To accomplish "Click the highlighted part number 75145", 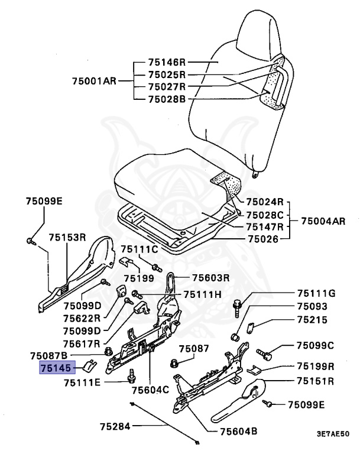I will click(56, 368).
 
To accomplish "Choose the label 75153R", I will click(67, 238).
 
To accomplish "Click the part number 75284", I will click(115, 426).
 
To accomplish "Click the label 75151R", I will click(315, 381).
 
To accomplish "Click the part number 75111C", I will click(140, 249).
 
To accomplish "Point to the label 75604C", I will click(150, 390).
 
